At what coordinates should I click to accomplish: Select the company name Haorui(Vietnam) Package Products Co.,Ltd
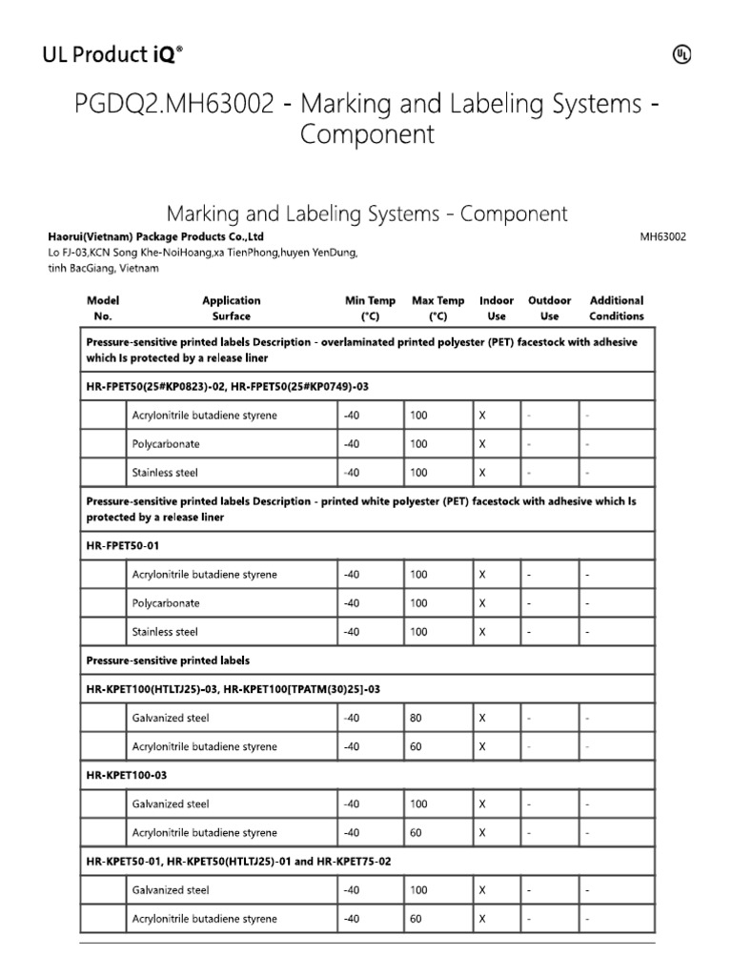pyautogui.click(x=155, y=236)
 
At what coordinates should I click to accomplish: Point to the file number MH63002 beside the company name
pyautogui.click(x=662, y=237)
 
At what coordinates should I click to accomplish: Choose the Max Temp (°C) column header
pyautogui.click(x=437, y=308)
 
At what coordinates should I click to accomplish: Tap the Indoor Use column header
pyautogui.click(x=496, y=308)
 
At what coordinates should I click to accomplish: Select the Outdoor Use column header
pyautogui.click(x=550, y=308)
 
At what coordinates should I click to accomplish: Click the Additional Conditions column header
pyautogui.click(x=617, y=308)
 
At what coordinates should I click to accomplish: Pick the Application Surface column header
pyautogui.click(x=232, y=308)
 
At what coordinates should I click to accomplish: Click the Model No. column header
pyautogui.click(x=103, y=308)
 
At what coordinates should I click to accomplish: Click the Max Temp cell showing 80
pyautogui.click(x=416, y=718)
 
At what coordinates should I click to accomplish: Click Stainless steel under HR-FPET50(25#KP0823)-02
pyautogui.click(x=165, y=473)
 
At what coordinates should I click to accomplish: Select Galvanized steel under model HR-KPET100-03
pyautogui.click(x=171, y=804)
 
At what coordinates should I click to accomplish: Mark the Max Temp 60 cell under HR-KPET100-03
pyautogui.click(x=416, y=833)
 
